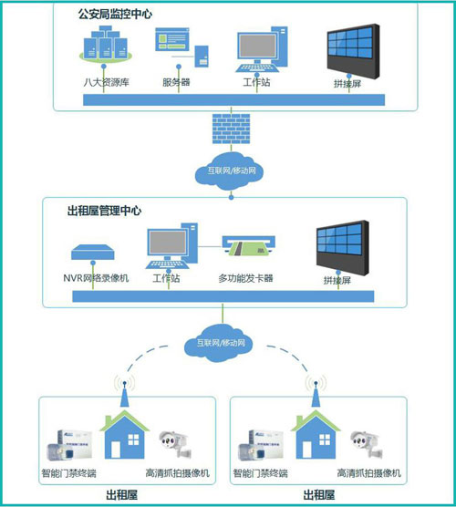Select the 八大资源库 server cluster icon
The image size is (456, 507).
102,51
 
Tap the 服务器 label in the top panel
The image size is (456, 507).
176,83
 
